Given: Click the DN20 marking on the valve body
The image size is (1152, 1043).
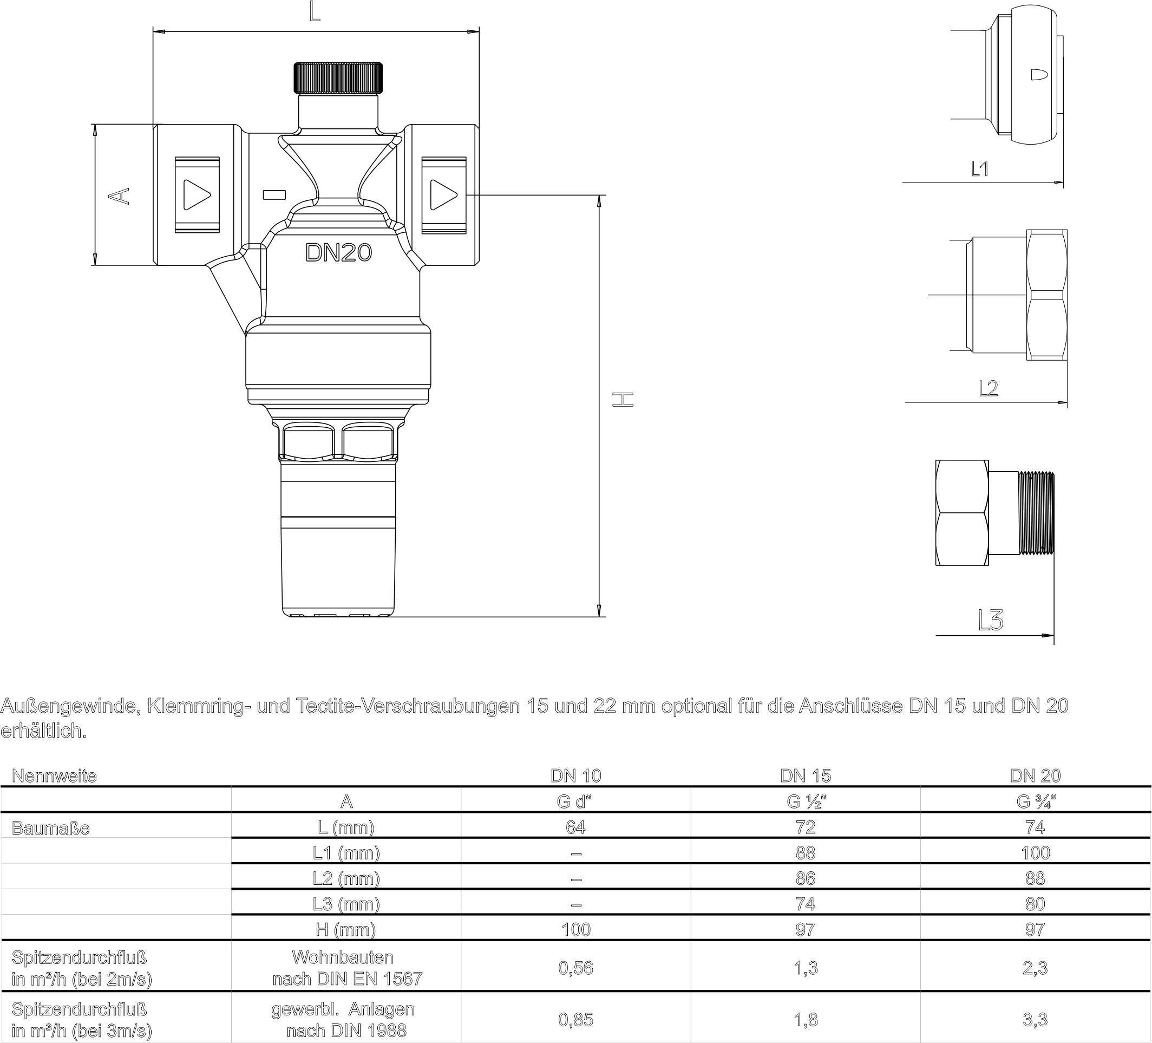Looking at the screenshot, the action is (x=339, y=252).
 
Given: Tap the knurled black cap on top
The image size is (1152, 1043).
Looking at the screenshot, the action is (x=338, y=79).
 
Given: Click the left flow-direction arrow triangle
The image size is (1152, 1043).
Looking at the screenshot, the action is (x=198, y=195).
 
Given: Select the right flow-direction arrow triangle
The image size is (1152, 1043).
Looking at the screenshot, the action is (x=443, y=195).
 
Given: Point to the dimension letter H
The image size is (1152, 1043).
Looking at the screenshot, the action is (x=623, y=400).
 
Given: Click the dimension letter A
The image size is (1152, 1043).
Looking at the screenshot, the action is (x=120, y=195).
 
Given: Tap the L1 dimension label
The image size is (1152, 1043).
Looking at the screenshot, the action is (x=980, y=168).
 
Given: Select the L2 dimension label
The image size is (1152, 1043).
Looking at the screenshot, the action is (x=988, y=389).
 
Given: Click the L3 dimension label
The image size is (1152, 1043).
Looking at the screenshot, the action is (x=990, y=620).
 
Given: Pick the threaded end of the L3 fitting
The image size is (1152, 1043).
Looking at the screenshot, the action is (x=1037, y=513).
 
